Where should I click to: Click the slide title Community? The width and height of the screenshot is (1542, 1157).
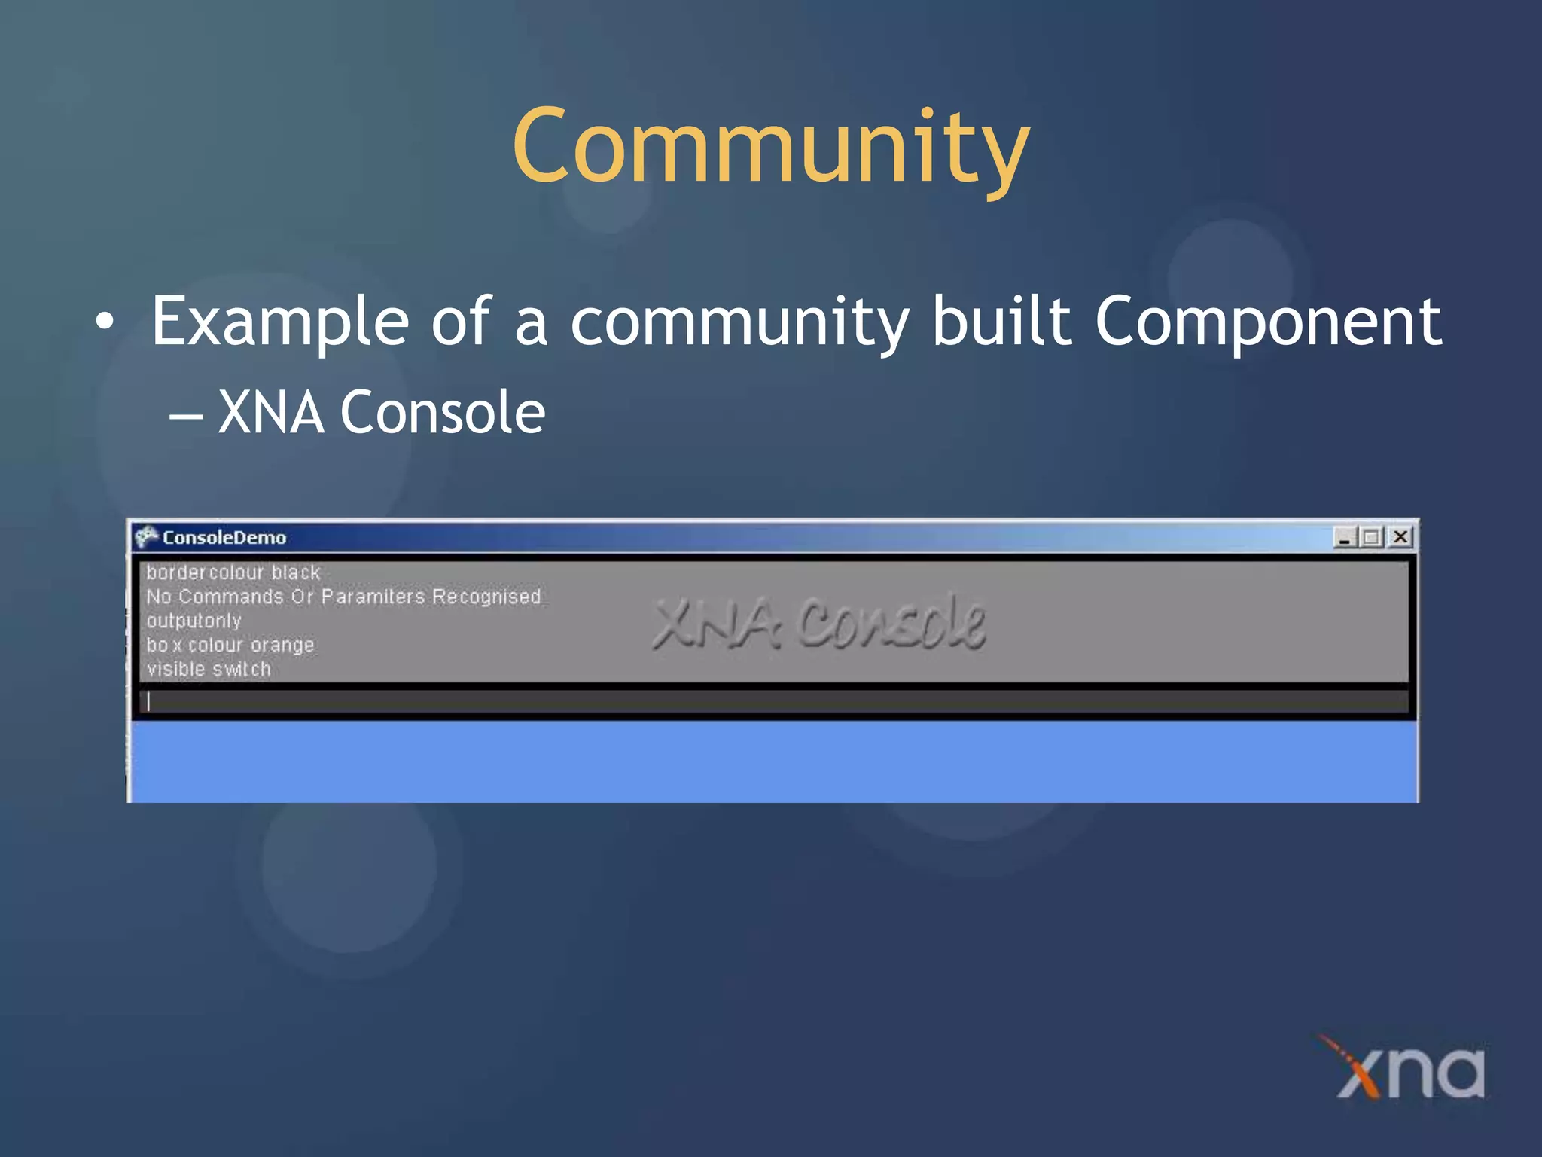(770, 147)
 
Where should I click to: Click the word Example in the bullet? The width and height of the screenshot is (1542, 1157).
(279, 323)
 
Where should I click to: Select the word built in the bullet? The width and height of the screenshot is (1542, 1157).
(1001, 322)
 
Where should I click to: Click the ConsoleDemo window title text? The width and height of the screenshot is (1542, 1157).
(224, 538)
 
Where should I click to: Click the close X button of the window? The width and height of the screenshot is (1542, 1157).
(1400, 537)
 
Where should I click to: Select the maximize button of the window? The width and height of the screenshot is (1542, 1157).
(1372, 537)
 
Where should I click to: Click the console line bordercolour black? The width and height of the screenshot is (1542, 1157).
(233, 573)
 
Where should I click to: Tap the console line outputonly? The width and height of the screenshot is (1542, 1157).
(194, 621)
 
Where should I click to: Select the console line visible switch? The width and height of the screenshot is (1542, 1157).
(209, 670)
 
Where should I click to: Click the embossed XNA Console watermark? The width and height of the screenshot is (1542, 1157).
(818, 623)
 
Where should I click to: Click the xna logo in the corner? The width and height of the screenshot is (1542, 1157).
(1408, 1070)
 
